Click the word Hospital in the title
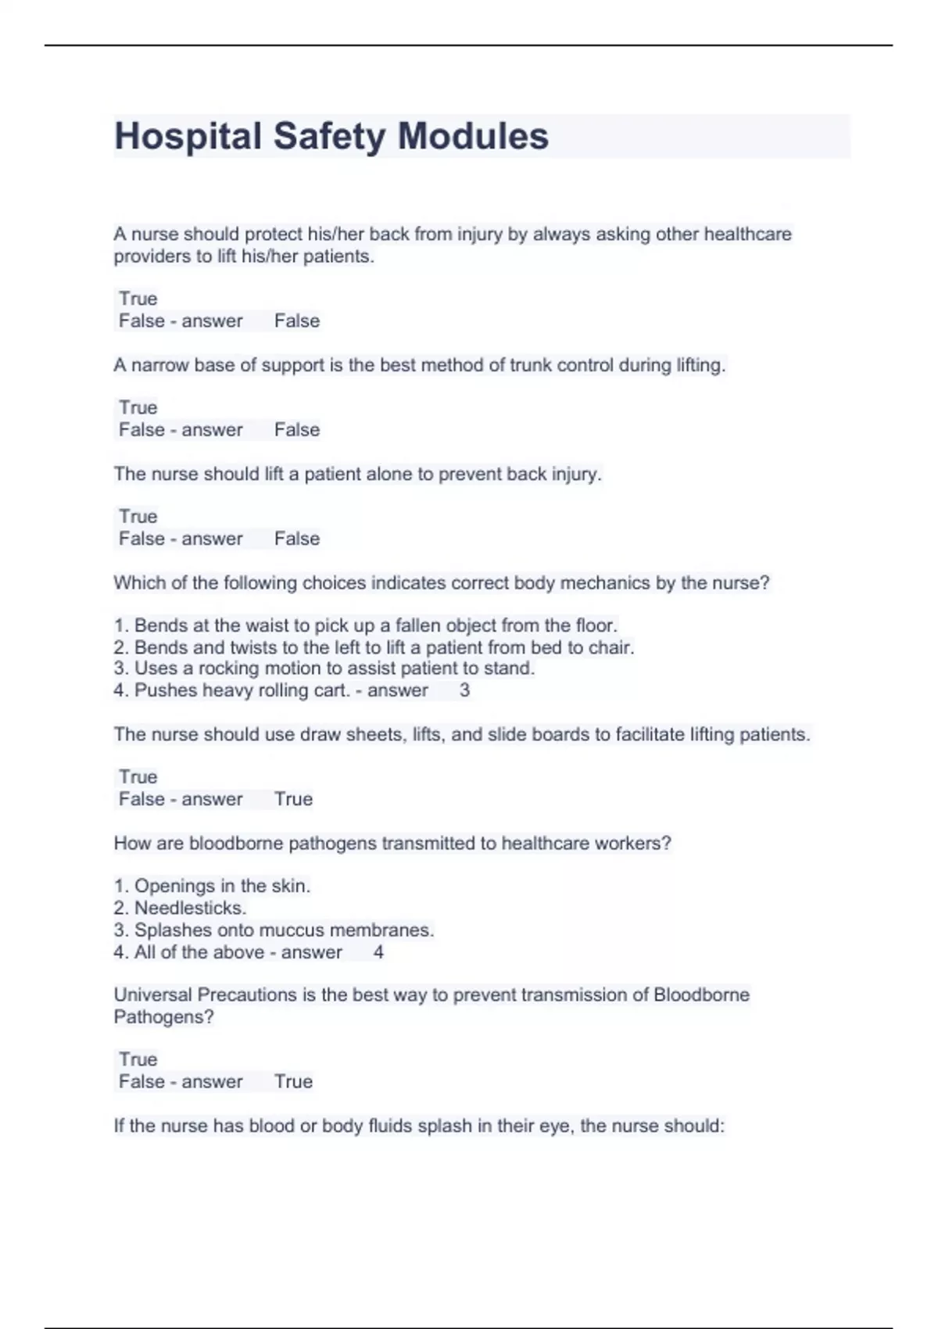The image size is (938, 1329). [188, 136]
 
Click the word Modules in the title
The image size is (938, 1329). [473, 136]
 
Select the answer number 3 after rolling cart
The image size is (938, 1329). [464, 690]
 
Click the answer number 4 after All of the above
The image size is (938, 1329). [378, 952]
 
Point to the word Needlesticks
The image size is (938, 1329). [190, 908]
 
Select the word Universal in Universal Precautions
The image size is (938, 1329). [152, 995]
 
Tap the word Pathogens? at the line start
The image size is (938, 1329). [163, 1017]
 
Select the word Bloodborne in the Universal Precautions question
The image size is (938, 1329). [701, 995]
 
